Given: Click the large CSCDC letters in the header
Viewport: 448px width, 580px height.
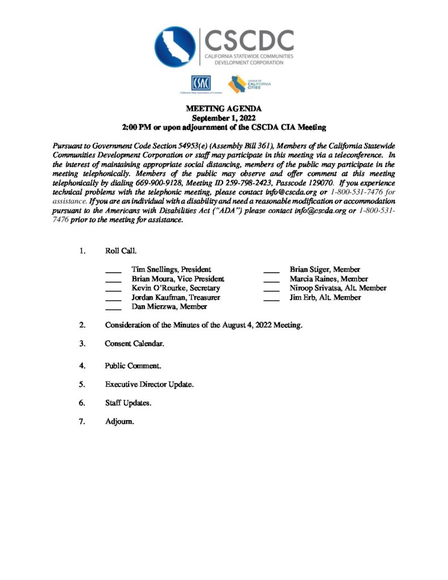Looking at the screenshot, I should point(249,40).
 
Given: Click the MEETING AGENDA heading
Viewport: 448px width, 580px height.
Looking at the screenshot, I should point(224,109).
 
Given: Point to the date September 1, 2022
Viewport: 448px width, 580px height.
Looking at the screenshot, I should point(224,118).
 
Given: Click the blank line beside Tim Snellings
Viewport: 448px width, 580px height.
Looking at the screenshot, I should point(113,271).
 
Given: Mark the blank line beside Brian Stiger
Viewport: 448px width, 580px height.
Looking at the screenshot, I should point(272,271).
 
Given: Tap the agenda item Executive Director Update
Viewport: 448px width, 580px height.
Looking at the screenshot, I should point(149,384).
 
